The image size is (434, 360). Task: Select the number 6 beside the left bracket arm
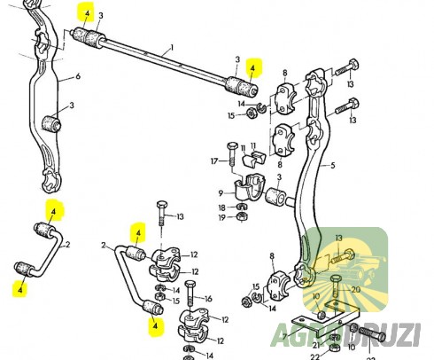[77, 77]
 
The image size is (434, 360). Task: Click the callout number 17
[213, 160]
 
